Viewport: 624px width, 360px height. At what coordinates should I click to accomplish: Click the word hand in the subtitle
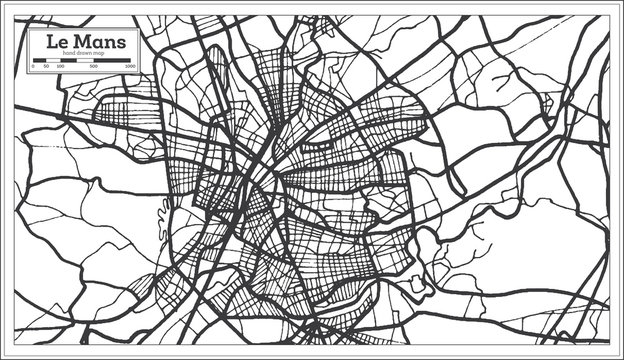(x=70, y=52)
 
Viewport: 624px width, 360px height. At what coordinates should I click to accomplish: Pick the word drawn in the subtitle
(x=84, y=52)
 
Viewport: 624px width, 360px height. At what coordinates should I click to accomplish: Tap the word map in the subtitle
(x=98, y=52)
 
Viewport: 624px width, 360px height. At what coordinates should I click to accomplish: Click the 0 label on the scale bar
(x=34, y=66)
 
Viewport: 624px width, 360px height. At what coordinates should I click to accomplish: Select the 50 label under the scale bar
(x=46, y=66)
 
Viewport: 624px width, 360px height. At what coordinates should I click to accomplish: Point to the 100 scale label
(x=60, y=66)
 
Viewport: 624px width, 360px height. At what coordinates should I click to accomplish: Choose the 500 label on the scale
(x=94, y=66)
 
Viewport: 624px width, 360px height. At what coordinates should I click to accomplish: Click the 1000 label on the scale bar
(x=131, y=66)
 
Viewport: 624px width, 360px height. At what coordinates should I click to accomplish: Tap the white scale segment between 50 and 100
(x=53, y=60)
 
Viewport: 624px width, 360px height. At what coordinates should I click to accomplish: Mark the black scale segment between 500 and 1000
(x=112, y=60)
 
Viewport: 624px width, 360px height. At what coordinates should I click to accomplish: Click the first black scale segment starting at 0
(x=40, y=60)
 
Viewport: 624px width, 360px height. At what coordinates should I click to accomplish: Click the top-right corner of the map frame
(x=608, y=14)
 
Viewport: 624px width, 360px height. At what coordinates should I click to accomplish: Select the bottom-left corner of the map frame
(x=15, y=345)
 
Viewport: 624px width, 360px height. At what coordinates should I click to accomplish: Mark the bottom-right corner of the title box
(x=140, y=72)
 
